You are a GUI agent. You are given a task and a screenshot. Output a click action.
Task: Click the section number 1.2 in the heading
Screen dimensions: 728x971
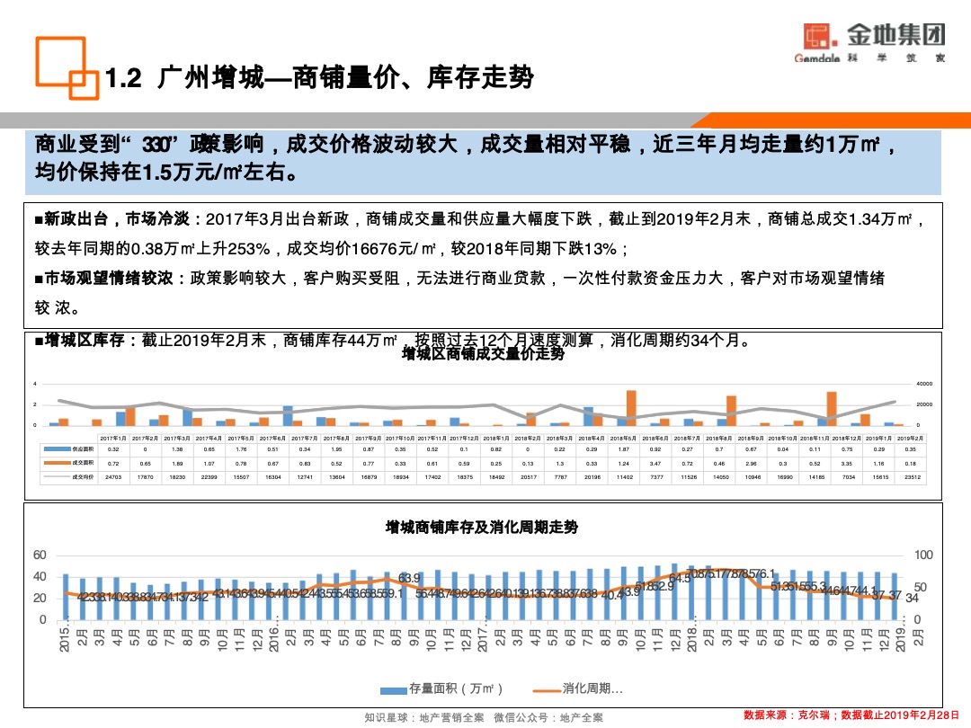[x=125, y=79]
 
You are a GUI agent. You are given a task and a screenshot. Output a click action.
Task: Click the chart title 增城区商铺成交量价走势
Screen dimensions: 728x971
[x=484, y=354]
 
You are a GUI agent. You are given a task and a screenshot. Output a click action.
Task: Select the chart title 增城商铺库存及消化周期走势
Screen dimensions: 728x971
[x=482, y=527]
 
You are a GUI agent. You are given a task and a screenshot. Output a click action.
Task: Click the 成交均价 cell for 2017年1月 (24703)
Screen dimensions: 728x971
[x=113, y=476]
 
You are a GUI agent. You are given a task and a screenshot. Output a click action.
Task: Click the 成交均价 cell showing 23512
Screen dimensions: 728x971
[x=911, y=476]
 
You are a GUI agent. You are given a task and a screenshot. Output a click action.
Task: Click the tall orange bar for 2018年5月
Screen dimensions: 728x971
[x=631, y=407]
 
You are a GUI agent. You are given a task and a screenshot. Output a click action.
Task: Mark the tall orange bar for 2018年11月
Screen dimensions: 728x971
[x=832, y=408]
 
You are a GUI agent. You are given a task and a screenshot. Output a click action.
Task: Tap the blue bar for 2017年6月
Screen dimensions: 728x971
[x=288, y=415]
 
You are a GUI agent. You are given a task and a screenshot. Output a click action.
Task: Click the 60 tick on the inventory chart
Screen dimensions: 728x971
[x=40, y=555]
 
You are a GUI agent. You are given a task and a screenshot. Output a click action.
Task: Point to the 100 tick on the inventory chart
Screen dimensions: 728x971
[x=924, y=555]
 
